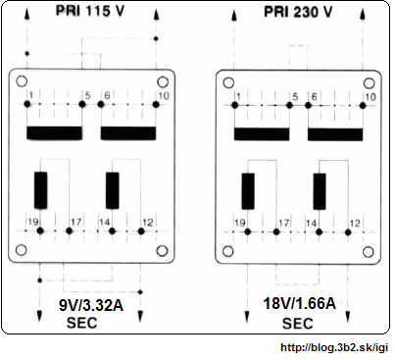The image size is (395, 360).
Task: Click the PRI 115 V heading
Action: [90, 11]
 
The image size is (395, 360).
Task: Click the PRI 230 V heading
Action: [298, 12]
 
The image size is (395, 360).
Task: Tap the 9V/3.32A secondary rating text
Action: [91, 306]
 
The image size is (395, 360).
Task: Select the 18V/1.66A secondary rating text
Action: [299, 304]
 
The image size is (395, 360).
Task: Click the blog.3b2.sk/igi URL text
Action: [334, 347]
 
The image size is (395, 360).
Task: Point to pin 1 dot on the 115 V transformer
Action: [27, 104]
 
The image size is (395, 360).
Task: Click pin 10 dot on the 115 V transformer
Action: [156, 104]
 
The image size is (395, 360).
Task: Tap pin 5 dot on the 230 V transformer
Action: [289, 105]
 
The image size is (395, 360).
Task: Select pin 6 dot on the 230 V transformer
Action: [308, 105]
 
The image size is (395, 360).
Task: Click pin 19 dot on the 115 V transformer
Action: [40, 231]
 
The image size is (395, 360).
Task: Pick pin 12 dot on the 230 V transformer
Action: [348, 232]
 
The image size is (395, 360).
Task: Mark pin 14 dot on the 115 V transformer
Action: [112, 231]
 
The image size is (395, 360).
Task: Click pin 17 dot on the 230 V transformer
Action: [276, 232]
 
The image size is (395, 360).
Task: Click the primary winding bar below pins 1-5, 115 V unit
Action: [54, 133]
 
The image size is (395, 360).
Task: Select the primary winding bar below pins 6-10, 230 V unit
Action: [335, 134]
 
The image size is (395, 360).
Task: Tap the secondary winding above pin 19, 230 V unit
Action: [248, 191]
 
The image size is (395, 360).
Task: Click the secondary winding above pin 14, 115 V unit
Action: [113, 190]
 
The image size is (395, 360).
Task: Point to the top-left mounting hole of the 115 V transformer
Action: [22, 81]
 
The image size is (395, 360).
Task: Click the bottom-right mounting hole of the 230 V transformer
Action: [369, 252]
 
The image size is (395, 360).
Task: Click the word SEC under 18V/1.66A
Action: [298, 324]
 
